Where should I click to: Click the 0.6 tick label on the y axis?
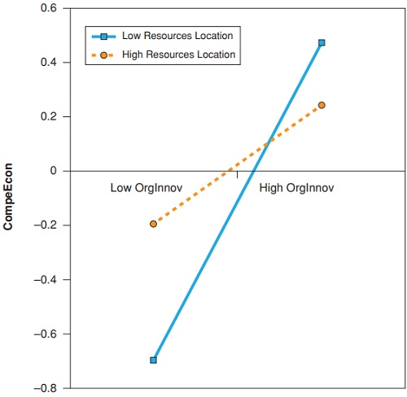(x=50, y=8)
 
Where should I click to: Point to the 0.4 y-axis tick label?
(x=50, y=63)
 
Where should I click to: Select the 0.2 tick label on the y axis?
(x=50, y=117)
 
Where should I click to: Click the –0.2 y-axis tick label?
(x=47, y=225)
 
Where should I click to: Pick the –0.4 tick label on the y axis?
(x=47, y=280)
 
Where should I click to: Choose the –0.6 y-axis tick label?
(x=47, y=334)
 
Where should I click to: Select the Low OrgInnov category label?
(x=146, y=188)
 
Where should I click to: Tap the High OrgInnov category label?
(x=297, y=188)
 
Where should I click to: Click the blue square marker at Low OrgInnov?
(x=153, y=360)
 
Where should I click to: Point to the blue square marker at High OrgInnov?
(x=322, y=42)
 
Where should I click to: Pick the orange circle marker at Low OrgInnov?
(x=153, y=224)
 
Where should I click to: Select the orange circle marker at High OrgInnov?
(x=322, y=105)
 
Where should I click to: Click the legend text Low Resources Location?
(x=177, y=37)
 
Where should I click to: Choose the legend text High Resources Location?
(x=178, y=55)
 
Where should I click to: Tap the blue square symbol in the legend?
(x=104, y=37)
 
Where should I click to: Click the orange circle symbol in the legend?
(x=104, y=55)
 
